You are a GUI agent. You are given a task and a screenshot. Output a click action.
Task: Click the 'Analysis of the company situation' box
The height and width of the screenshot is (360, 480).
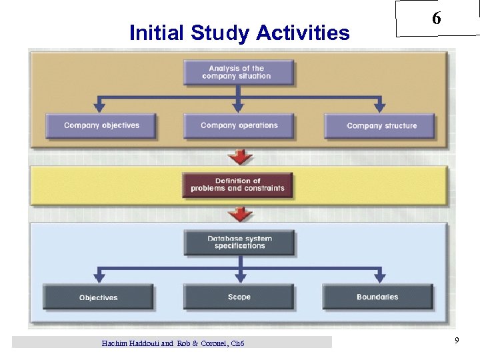tap(239, 73)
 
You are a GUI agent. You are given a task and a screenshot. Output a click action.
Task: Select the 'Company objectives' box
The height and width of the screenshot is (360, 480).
tap(101, 125)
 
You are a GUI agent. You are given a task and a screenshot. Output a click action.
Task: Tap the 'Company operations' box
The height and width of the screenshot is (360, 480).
tap(239, 125)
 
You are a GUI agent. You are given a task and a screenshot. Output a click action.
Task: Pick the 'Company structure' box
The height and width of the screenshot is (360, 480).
tap(381, 125)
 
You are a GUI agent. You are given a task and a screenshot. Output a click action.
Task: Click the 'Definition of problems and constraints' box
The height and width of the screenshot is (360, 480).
tap(237, 185)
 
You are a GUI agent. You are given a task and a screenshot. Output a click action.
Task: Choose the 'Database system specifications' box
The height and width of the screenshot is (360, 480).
tap(239, 243)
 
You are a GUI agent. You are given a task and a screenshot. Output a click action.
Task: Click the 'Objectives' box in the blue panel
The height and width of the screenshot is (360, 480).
tap(98, 297)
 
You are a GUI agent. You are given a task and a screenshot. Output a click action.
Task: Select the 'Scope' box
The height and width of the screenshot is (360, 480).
tap(239, 297)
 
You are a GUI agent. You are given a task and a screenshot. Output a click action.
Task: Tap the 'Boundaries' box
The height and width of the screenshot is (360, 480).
tap(377, 297)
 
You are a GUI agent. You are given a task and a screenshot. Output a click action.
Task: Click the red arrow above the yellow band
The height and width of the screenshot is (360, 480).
tap(240, 157)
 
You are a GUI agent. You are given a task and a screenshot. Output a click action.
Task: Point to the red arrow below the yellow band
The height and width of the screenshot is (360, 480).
tap(240, 215)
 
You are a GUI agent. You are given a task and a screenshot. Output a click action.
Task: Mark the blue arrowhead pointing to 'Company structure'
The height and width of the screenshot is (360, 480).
tap(380, 105)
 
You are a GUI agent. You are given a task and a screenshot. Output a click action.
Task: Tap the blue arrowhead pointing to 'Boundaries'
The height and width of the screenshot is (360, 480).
tap(380, 276)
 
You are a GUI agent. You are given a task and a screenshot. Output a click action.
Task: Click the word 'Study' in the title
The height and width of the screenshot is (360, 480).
tap(217, 33)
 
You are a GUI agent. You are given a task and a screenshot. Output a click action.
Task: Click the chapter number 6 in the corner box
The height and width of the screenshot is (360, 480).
tap(436, 19)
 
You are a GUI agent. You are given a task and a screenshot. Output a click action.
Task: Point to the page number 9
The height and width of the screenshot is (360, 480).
tap(457, 341)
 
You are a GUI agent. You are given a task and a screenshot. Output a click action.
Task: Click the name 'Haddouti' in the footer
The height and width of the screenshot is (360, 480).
tap(143, 343)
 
